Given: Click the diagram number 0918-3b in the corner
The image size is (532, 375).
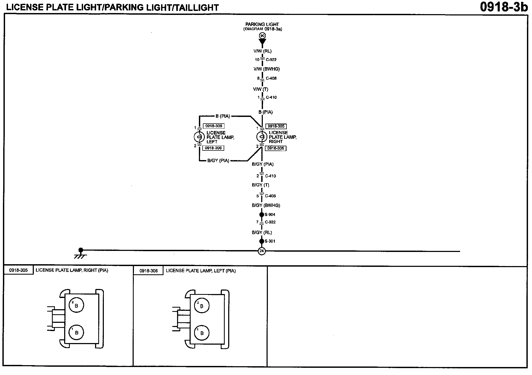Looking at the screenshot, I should tap(504, 7).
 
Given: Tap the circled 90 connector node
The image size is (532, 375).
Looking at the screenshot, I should tap(262, 36).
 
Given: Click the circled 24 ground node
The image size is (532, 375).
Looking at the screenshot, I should tap(262, 251).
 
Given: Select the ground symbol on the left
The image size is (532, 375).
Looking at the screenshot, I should tap(80, 254).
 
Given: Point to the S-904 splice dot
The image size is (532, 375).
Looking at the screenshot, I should tap(262, 214).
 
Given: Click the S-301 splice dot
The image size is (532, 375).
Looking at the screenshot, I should tap(262, 241).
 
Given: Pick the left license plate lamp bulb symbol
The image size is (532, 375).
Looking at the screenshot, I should tap(199, 137).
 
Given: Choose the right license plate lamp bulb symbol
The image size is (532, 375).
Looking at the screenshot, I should tap(261, 137).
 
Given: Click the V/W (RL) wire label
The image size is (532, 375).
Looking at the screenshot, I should tap(262, 51).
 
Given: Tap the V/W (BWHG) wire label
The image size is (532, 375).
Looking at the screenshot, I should tap(267, 69).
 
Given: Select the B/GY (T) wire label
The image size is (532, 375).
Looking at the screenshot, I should tap(260, 185).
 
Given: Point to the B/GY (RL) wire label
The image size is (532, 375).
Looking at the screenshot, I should tap(262, 233).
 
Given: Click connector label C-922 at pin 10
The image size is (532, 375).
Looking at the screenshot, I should tap(271, 60).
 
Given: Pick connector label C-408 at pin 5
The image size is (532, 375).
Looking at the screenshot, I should tap(270, 196).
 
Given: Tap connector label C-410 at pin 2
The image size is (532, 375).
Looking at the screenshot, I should tap(270, 176).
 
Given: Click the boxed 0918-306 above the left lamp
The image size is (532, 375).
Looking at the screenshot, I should tap(214, 126).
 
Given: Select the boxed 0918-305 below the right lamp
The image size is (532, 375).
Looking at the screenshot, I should tap(276, 148).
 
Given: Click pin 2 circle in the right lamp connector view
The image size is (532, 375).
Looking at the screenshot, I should tap(76, 305).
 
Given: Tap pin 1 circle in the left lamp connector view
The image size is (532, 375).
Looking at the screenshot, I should tap(202, 333).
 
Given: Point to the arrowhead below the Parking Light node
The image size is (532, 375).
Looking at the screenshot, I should tap(262, 42).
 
